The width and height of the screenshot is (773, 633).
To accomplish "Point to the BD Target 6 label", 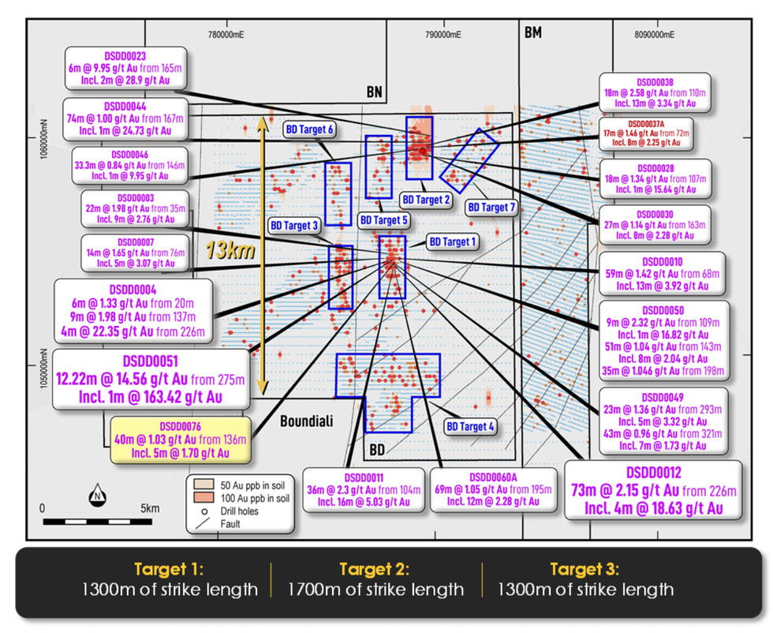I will (x=308, y=129).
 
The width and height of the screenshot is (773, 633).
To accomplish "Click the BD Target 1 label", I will (x=453, y=242).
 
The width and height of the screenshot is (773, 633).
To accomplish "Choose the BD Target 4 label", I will (x=471, y=427).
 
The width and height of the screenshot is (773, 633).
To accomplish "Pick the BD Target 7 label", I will (x=491, y=208).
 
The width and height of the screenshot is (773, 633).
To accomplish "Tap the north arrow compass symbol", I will (x=97, y=495).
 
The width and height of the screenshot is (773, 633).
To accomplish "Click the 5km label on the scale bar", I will (x=150, y=508).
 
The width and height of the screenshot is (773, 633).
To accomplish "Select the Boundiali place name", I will (x=308, y=421).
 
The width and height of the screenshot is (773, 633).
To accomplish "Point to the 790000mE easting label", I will (x=441, y=36).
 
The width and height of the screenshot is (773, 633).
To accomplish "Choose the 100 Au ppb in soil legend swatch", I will (x=200, y=498).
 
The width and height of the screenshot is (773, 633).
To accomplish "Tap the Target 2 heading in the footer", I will (x=375, y=569).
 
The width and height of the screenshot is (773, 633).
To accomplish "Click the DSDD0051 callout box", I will (x=150, y=380).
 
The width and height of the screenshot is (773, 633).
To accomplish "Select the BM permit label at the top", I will (x=533, y=32).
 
